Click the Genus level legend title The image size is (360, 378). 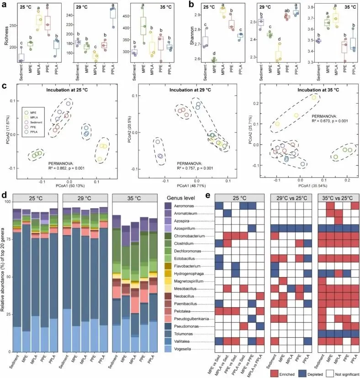pos(185,198)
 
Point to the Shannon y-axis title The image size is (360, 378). pos(185,33)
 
